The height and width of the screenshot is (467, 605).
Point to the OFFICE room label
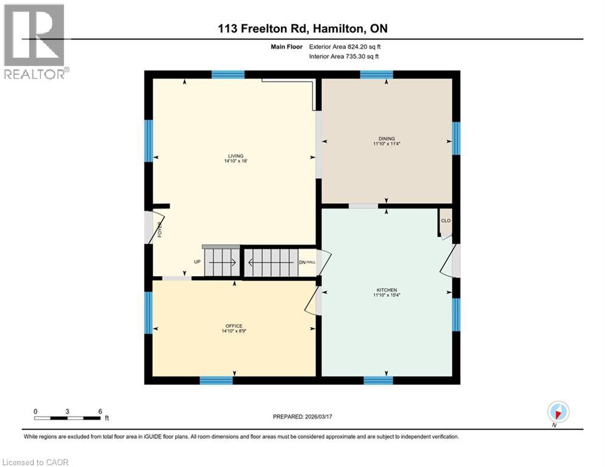[234, 326]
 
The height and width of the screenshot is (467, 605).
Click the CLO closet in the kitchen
[446, 221]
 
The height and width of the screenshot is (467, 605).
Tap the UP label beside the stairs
[197, 262]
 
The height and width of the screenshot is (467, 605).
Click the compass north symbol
[558, 413]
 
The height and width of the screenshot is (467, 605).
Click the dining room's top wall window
[376, 75]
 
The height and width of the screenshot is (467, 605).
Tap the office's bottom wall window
[216, 381]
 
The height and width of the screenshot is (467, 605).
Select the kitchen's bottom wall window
[378, 381]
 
